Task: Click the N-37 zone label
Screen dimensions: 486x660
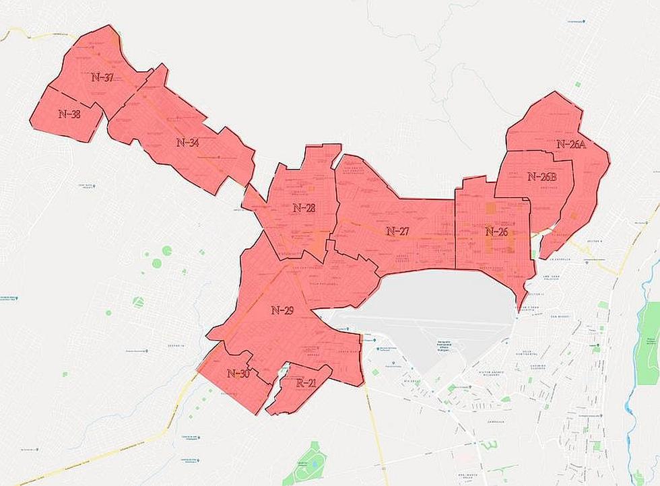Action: click(102, 77)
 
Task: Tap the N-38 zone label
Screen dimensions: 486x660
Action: click(69, 114)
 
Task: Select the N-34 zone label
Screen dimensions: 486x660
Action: click(187, 143)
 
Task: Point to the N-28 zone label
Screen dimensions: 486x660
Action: click(304, 208)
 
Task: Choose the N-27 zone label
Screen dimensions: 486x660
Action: click(397, 231)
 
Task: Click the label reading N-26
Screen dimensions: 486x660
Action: click(496, 232)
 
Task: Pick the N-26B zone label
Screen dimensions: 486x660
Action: click(541, 177)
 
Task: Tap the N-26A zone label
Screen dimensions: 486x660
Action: click(572, 144)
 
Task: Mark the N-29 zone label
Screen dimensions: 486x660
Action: click(282, 310)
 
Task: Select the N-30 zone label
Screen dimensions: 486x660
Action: click(238, 374)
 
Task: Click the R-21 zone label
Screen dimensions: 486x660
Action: click(306, 383)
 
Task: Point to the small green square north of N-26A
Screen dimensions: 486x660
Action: click(577, 84)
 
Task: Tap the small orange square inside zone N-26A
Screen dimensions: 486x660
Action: click(572, 216)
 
